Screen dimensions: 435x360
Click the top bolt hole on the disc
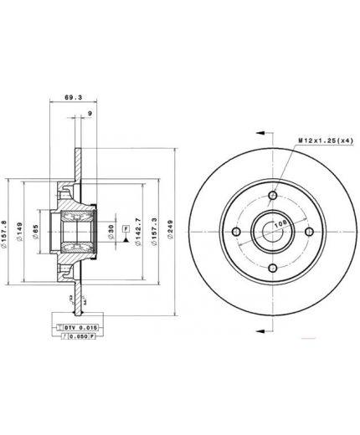pos(272,197)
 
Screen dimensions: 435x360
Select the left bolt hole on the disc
pos(237,233)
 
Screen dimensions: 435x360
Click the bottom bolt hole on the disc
pos(272,268)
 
